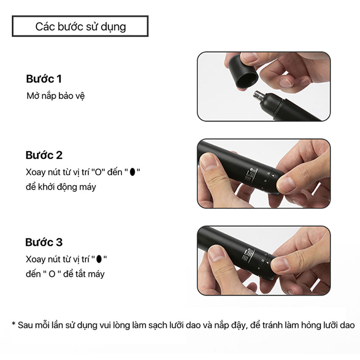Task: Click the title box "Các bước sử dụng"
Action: (x=80, y=27)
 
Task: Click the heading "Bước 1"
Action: (x=44, y=79)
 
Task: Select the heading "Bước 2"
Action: (x=44, y=155)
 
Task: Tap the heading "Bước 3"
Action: (x=44, y=242)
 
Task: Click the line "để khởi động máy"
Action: (x=61, y=187)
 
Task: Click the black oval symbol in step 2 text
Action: (x=133, y=172)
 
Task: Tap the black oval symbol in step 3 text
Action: (x=99, y=259)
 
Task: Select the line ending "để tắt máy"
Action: (x=65, y=274)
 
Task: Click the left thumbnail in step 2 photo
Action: (x=209, y=162)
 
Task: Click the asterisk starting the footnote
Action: (x=14, y=325)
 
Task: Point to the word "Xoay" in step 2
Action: (x=34, y=172)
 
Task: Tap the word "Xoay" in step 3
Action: (x=34, y=259)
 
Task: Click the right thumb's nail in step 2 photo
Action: (x=287, y=184)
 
